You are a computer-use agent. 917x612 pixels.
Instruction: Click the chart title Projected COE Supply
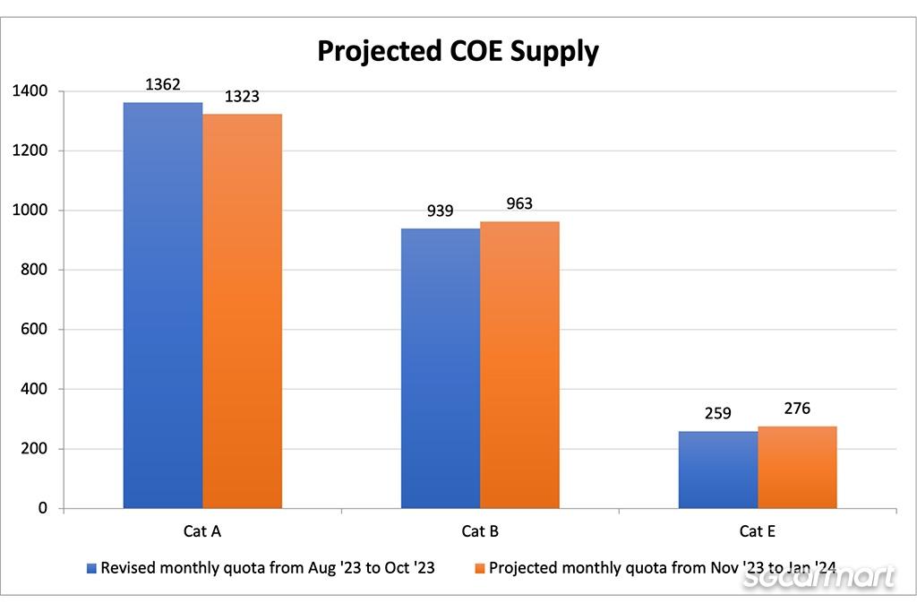tap(458, 51)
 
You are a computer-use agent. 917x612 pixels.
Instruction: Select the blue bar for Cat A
tap(163, 305)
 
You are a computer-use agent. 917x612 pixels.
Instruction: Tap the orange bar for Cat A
tap(242, 310)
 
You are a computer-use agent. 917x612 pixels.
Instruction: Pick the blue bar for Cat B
tap(441, 368)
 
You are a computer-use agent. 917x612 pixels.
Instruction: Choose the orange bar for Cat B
tap(519, 365)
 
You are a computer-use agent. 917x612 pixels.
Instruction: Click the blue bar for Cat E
tap(718, 470)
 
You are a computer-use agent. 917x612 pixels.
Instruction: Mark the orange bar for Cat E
tap(797, 467)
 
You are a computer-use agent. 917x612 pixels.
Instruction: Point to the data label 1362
tap(163, 85)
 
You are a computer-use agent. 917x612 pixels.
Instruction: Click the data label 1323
tap(242, 97)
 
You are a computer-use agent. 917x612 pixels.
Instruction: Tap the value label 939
tap(441, 211)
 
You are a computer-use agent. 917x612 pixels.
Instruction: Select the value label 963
tap(519, 204)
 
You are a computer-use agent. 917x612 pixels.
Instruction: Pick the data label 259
tap(718, 414)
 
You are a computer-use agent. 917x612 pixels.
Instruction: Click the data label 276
tap(797, 409)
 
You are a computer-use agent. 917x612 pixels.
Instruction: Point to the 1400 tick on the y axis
tap(30, 91)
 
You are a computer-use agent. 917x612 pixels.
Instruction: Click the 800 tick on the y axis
tap(35, 270)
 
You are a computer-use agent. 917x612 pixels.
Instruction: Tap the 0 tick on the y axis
tap(42, 508)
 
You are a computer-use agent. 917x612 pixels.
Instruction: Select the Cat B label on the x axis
tap(480, 531)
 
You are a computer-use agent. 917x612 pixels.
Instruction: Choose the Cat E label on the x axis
tap(758, 531)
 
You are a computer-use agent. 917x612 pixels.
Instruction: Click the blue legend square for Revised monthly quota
tap(91, 568)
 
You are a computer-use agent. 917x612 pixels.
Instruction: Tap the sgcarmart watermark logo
tap(819, 578)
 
